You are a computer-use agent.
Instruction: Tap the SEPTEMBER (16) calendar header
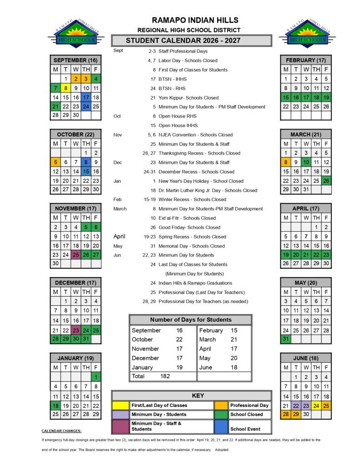(76, 60)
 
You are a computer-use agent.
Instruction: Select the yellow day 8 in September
(66, 88)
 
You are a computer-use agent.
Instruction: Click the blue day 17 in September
(86, 97)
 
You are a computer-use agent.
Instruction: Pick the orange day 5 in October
(56, 162)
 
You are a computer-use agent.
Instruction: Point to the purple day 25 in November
(76, 255)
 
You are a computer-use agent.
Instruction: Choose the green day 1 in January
(96, 377)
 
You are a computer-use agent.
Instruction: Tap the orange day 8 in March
(286, 162)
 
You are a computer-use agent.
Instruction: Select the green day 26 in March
(326, 181)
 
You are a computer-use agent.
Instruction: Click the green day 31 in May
(286, 339)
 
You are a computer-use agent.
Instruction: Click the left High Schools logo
(76, 33)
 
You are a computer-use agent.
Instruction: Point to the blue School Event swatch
(221, 426)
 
